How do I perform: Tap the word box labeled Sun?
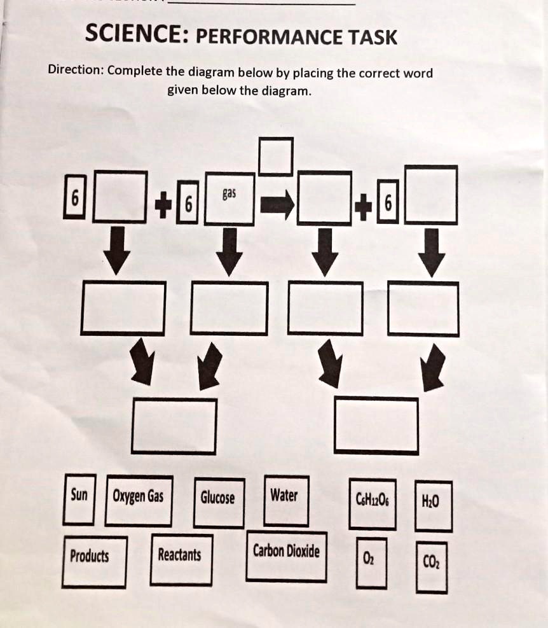pos(79,499)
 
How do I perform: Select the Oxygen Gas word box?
pos(139,500)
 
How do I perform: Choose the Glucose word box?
pos(219,503)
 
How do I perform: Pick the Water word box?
pos(287,500)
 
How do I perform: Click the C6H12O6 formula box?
pos(373,505)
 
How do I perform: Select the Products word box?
pos(94,561)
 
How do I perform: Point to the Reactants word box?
pos(181,559)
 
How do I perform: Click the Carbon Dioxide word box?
pos(286,556)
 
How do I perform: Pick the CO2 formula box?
pos(432,566)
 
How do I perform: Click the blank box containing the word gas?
pos(229,199)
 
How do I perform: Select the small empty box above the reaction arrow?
pos(276,156)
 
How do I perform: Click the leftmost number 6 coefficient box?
pos(74,199)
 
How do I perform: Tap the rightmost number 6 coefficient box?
pos(389,204)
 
